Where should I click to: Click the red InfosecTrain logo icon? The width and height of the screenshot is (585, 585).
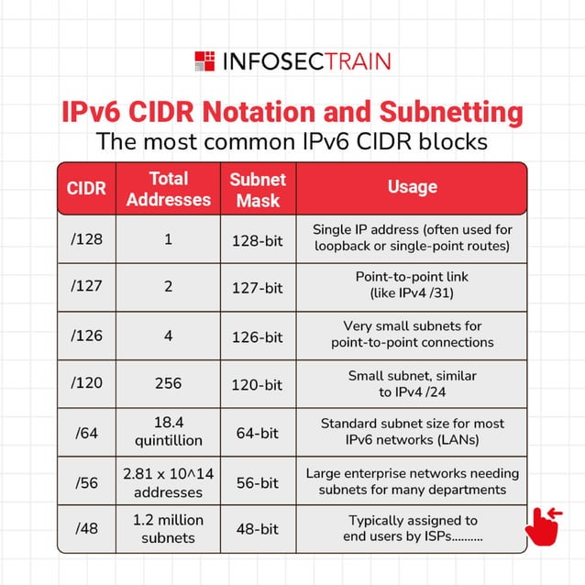pos(204,61)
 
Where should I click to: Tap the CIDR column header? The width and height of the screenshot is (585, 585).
pos(87,189)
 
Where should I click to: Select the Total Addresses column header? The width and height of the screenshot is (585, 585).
pos(168,189)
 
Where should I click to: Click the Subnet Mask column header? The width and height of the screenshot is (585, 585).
pos(258,189)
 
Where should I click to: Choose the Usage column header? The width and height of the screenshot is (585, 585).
pos(412,187)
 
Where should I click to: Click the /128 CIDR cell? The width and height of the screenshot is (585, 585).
pos(87,238)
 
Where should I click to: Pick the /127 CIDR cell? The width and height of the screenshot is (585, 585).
pos(87,287)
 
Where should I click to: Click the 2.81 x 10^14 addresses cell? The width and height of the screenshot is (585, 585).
pos(168,481)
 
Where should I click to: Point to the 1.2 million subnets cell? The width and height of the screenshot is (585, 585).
pos(168,529)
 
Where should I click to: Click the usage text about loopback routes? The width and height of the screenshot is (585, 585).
pos(412,237)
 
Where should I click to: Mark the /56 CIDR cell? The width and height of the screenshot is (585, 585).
pos(87,481)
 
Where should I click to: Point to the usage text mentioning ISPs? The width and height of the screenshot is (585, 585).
pos(412,529)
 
